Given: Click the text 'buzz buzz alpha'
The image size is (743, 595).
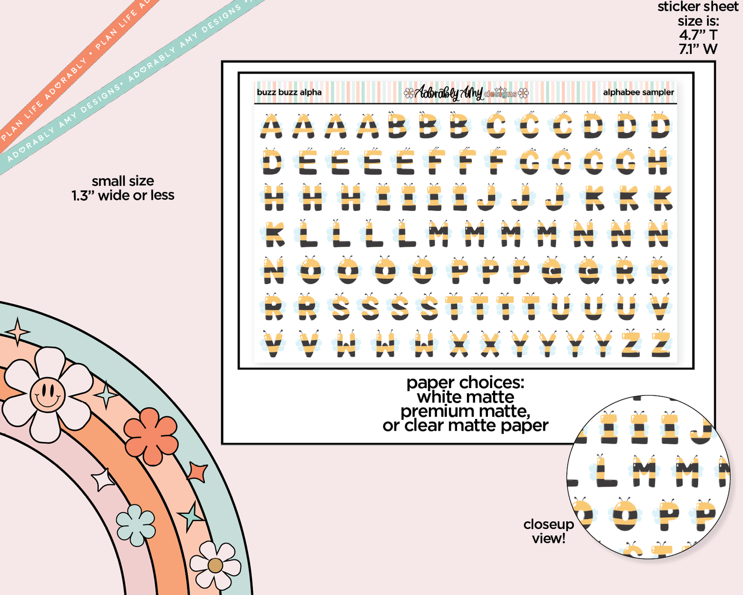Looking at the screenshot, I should point(289,93).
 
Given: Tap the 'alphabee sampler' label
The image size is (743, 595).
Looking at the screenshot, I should point(638,93).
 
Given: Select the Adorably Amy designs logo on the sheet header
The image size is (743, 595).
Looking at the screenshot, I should point(466,93).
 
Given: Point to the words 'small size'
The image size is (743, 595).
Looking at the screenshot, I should point(123,181).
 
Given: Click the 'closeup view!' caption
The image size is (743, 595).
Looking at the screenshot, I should point(548,531).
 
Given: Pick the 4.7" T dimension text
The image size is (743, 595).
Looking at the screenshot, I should point(698,35).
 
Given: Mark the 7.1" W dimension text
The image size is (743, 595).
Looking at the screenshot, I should point(698,49).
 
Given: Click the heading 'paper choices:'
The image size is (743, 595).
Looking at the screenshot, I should point(465,382).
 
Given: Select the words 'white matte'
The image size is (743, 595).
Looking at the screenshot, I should point(465,397).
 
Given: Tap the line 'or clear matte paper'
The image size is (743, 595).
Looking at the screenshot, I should point(465,426).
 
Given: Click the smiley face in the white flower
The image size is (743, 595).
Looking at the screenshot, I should point(47,394).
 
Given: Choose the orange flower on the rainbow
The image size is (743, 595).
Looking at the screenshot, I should point(151,436).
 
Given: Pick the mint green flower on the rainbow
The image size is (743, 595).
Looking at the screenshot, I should point(136,524).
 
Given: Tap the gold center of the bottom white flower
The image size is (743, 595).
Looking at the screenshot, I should point(215,565).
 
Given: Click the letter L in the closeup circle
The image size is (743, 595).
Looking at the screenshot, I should point(606,471).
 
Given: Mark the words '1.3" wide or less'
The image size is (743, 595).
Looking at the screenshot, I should point(123,196).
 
